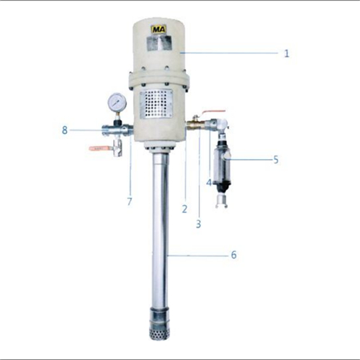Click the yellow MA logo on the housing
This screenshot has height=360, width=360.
coord(159,30)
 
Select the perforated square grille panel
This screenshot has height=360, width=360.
coord(159,104)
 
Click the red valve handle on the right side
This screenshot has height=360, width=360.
coord(211,112)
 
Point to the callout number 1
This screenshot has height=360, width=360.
coord(287,53)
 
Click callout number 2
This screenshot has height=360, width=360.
coord(185,210)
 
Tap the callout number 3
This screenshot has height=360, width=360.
coord(199,224)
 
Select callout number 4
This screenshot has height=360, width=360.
coord(209,183)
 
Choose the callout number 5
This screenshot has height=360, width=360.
coord(276,159)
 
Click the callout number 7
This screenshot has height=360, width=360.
coord(130,202)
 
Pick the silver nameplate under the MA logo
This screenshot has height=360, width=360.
coord(159,45)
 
